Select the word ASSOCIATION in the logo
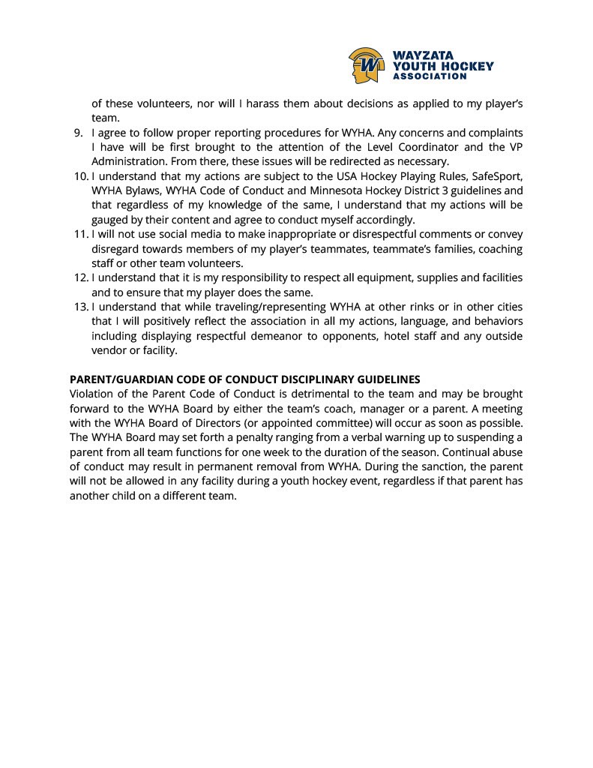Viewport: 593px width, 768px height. point(430,76)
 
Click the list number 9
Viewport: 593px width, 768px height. point(77,133)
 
